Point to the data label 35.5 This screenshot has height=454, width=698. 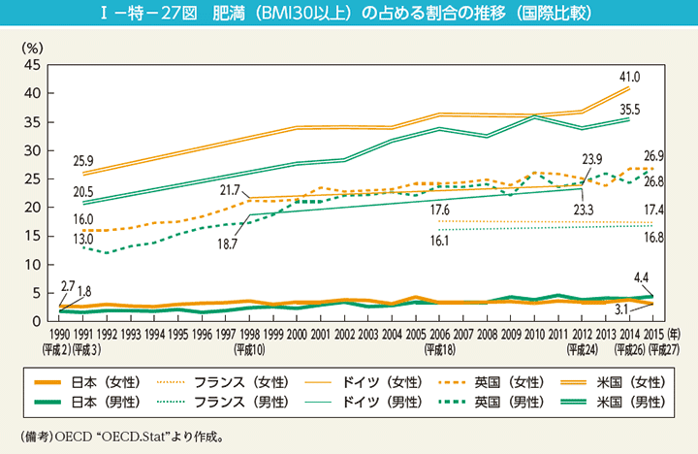click(631, 109)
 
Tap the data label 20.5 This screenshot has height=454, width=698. click(81, 193)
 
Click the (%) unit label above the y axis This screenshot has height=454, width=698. click(32, 46)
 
